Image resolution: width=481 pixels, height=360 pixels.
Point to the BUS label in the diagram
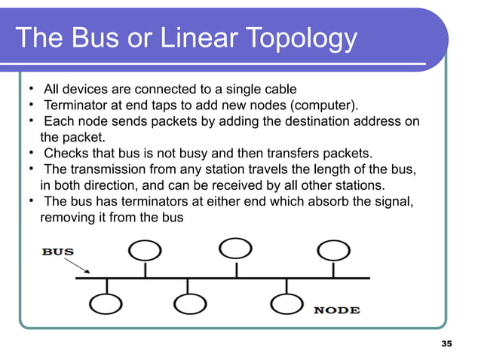click(x=58, y=252)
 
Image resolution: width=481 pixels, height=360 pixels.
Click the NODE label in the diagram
click(x=336, y=310)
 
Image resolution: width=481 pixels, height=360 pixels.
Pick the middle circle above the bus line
click(x=235, y=248)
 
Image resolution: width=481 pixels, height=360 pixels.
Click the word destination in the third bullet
click(x=295, y=121)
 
